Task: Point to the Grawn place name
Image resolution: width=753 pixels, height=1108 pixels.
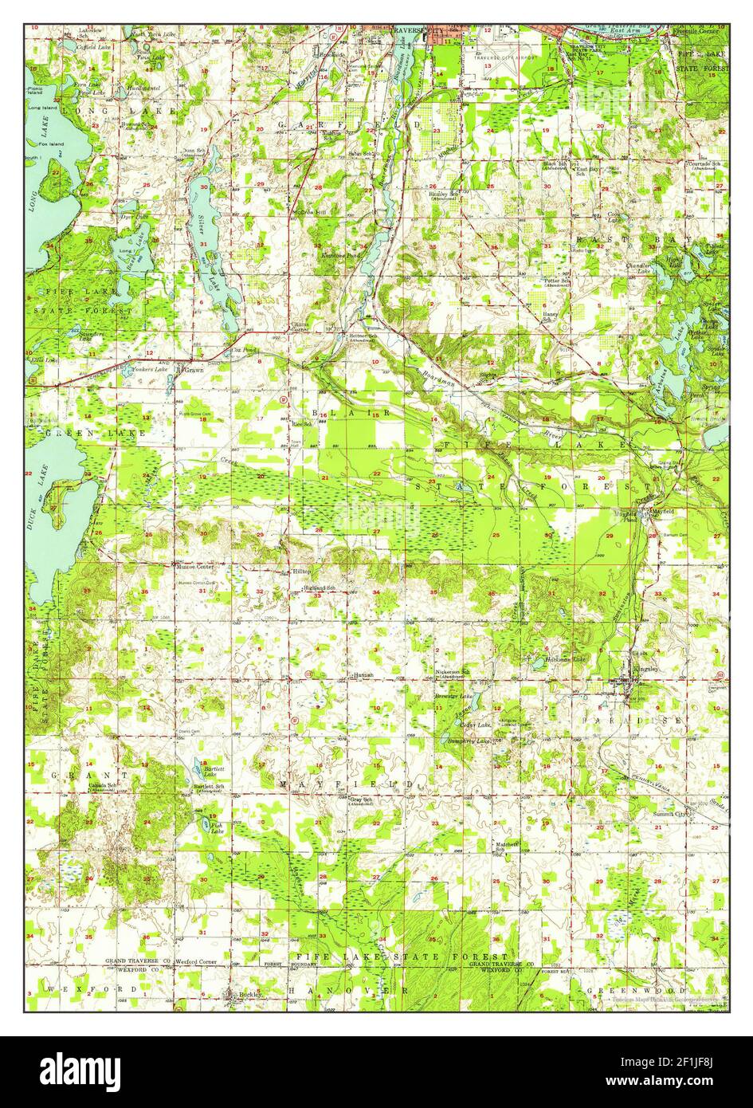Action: [x=194, y=370]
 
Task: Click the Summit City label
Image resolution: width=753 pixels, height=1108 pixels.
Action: [x=671, y=814]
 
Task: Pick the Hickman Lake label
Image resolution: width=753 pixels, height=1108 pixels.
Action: [x=565, y=659]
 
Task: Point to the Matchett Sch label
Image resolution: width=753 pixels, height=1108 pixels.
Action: [x=507, y=846]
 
